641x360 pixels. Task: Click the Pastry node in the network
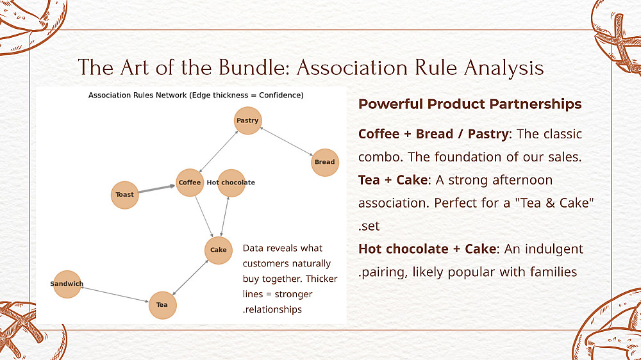(x=247, y=120)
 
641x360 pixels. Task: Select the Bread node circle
(x=324, y=162)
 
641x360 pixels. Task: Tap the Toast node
(x=125, y=195)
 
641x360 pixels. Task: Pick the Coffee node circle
(x=190, y=183)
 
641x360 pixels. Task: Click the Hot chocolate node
(x=231, y=183)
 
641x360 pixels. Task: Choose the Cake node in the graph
(x=219, y=250)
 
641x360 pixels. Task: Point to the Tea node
(x=162, y=304)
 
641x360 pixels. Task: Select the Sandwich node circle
(x=67, y=284)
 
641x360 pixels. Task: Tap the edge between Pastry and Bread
(x=286, y=142)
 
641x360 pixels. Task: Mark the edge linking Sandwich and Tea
(x=115, y=294)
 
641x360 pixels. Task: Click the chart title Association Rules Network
(x=196, y=95)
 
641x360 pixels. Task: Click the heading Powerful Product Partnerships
(x=470, y=104)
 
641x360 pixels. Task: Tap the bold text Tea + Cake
(x=392, y=180)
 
